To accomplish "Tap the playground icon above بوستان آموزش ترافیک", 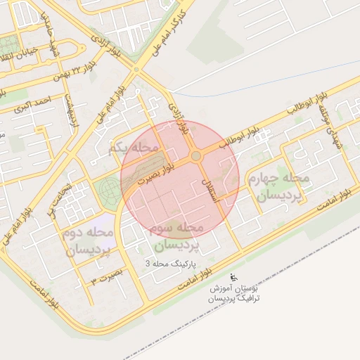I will [233, 278].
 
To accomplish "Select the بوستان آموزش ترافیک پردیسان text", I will [234, 294].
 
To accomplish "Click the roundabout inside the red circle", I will [196, 156].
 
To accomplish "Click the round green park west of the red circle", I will [108, 190].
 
